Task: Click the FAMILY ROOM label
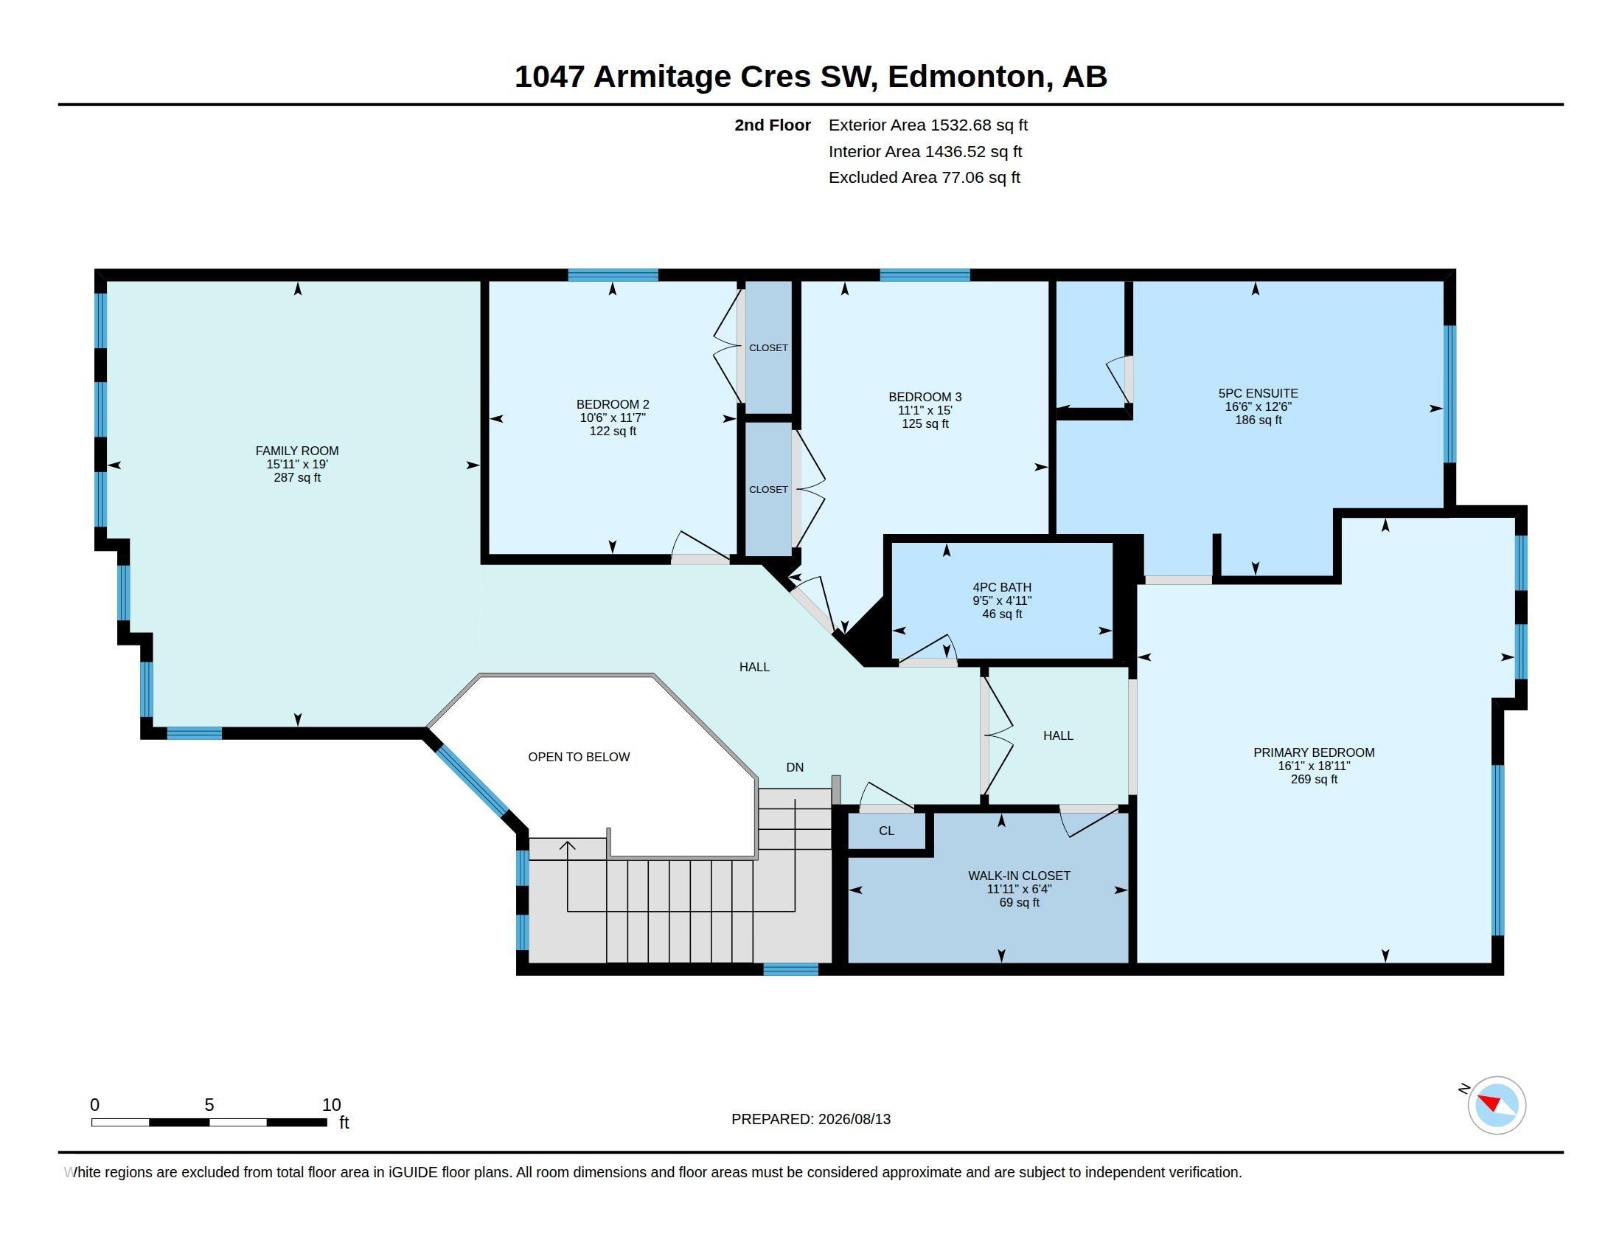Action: pos(297,451)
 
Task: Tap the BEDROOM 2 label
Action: pos(613,405)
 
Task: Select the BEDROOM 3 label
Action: pos(925,398)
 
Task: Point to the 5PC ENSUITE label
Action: pos(1258,394)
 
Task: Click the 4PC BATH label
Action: pos(1002,588)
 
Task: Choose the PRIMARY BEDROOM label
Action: pos(1314,752)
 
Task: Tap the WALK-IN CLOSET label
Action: pos(1019,876)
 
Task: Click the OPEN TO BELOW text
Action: pos(579,757)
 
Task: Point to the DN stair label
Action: pos(795,767)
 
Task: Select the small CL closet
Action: pos(887,831)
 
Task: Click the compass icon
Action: pos(1497,1105)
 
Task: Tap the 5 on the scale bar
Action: pos(209,1105)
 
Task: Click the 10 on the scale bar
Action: pos(331,1105)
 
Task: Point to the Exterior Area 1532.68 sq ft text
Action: pos(927,125)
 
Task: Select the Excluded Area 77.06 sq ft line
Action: pos(924,178)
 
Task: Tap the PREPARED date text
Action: pos(811,1119)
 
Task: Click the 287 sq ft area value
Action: pos(297,478)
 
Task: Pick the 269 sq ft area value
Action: pos(1314,779)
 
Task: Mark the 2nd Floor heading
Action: pos(773,125)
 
